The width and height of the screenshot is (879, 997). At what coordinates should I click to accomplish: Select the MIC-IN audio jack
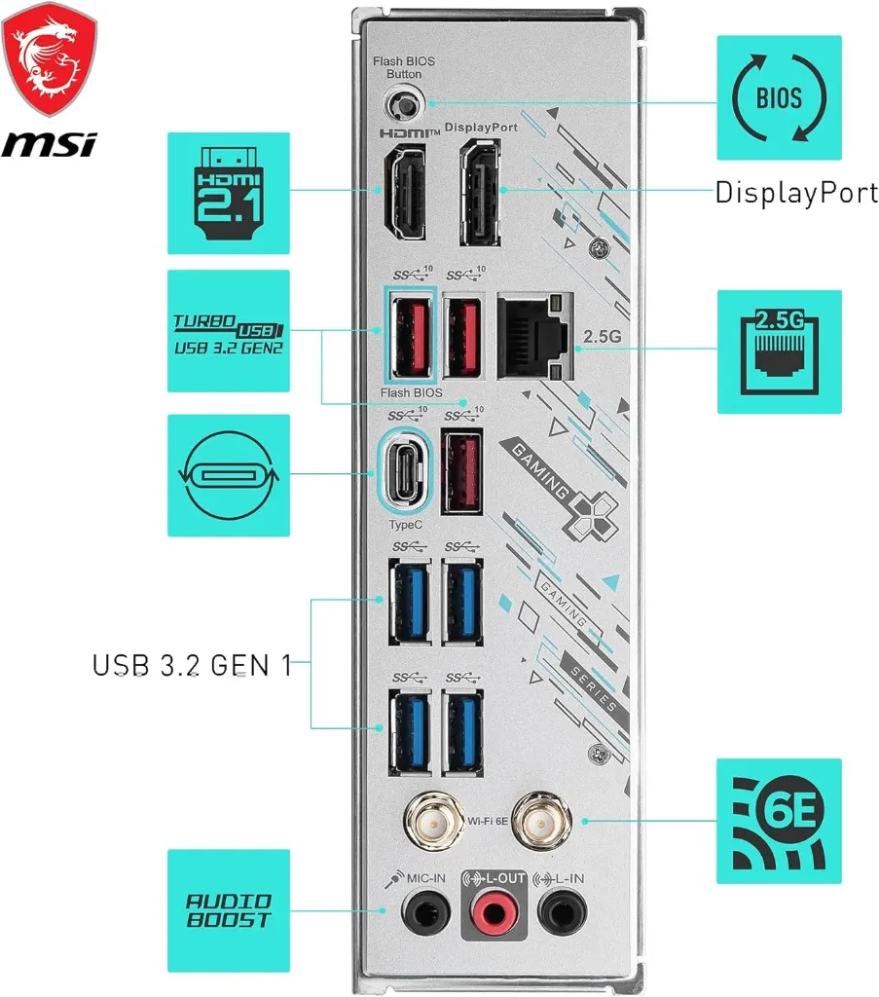click(x=425, y=915)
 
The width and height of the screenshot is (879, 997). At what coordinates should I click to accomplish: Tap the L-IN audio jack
click(x=560, y=915)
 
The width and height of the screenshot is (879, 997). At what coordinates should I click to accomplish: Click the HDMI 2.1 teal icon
click(x=228, y=193)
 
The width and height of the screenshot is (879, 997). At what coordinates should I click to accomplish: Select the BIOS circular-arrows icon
click(x=779, y=97)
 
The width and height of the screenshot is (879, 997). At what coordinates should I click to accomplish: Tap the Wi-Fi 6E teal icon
click(x=779, y=821)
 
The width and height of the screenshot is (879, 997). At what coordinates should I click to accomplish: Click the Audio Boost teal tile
click(x=228, y=909)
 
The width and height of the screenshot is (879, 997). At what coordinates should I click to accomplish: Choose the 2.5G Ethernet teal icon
click(x=779, y=351)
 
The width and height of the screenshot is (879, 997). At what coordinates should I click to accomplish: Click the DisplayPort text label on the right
click(x=796, y=193)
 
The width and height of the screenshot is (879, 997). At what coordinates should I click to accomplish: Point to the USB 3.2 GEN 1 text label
click(x=192, y=665)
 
